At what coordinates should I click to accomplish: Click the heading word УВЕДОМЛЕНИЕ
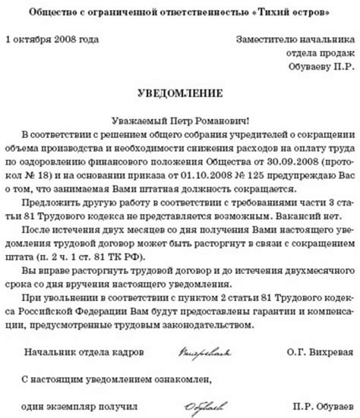[179, 94]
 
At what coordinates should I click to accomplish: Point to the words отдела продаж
[318, 53]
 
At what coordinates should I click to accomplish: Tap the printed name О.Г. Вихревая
[303, 352]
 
